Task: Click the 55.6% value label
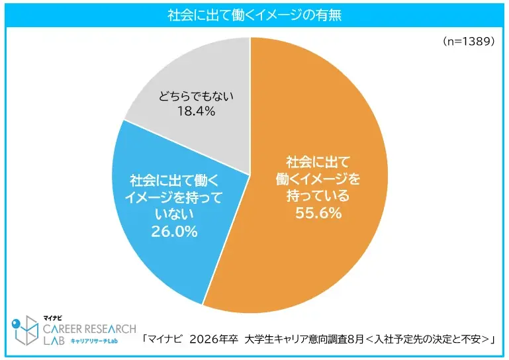tap(318, 213)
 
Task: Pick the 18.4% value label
tap(196, 112)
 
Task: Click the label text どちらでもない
tap(197, 97)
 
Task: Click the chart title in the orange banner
tap(254, 13)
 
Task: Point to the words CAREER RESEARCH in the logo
tap(90, 328)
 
